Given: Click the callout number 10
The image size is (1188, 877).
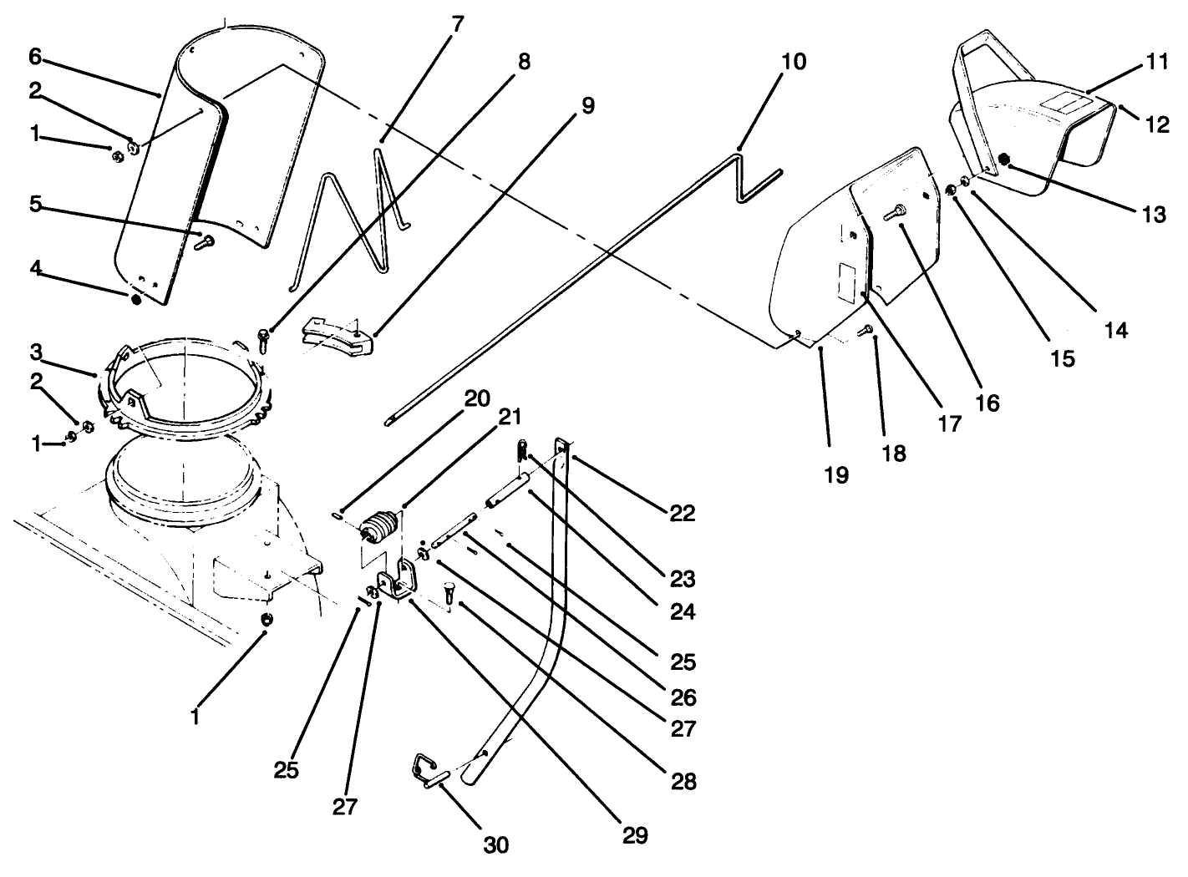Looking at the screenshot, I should pyautogui.click(x=795, y=62).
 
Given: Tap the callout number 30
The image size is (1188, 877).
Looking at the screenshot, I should pyautogui.click(x=495, y=844).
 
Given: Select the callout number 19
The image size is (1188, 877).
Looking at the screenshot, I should pyautogui.click(x=835, y=475).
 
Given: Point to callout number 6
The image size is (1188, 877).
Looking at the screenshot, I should pyautogui.click(x=34, y=57).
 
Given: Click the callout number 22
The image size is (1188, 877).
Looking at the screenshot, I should pyautogui.click(x=682, y=512).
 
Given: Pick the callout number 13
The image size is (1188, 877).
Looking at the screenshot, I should pyautogui.click(x=1154, y=214).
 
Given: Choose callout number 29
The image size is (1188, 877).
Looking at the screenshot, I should pyautogui.click(x=635, y=835).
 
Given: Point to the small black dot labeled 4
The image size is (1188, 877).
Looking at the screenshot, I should pyautogui.click(x=135, y=298).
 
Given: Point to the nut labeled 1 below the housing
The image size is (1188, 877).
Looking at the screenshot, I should pyautogui.click(x=267, y=619).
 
